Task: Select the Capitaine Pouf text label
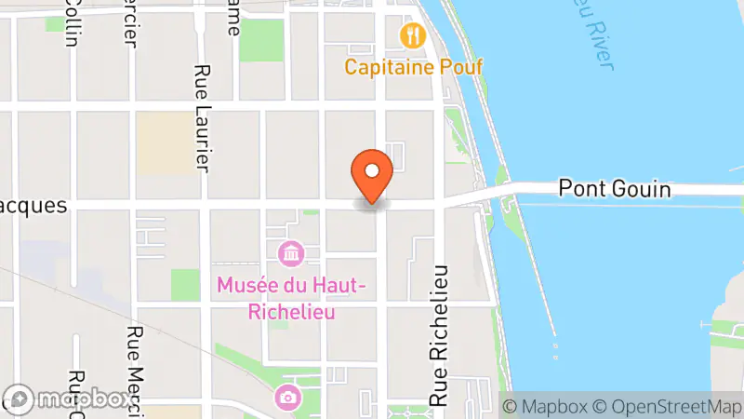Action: click(x=410, y=67)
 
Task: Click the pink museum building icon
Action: click(x=290, y=252)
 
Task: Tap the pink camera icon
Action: click(x=288, y=398)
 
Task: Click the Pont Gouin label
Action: click(x=614, y=189)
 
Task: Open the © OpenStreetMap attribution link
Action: click(x=670, y=406)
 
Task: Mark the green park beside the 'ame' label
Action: click(x=261, y=40)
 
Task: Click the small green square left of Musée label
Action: click(x=185, y=284)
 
